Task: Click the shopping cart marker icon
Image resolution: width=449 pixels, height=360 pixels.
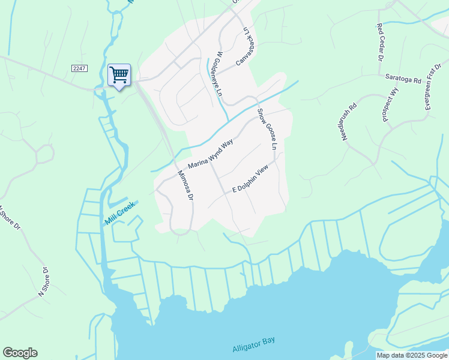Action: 119,75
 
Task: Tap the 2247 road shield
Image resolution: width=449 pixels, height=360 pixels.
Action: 79,68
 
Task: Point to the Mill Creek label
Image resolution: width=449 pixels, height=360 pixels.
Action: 121,212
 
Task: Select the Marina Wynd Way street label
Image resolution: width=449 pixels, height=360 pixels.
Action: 210,155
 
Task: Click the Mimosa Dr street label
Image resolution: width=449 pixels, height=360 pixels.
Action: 186,185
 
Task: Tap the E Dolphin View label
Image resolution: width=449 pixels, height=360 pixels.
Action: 249,181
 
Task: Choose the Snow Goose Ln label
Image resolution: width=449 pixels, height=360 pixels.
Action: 268,130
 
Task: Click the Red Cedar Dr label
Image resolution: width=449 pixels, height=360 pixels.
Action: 379,42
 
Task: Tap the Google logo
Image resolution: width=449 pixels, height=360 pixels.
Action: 20,353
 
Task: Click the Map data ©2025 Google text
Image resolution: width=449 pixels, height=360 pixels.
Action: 411,355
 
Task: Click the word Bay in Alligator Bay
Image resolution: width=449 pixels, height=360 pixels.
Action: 268,341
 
